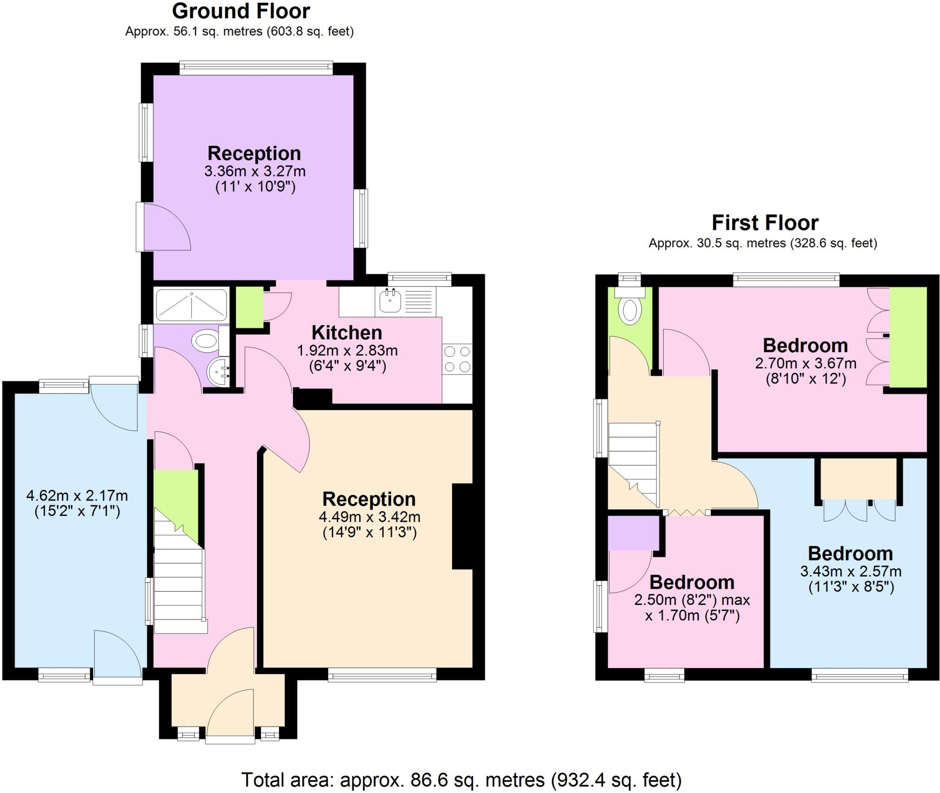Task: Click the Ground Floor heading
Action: point(241,11)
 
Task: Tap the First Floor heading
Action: point(765,223)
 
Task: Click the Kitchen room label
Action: point(347,333)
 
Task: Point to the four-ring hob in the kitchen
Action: point(457,359)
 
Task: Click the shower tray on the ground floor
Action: point(191,304)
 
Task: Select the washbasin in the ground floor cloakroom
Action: point(218,372)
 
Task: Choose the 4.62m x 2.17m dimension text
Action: point(77,496)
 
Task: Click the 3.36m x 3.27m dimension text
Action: point(255,172)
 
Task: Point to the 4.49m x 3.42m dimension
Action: point(369,517)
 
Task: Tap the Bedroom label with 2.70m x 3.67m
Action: point(805,345)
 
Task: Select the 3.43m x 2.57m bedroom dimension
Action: point(850,571)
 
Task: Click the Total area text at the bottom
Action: point(461,779)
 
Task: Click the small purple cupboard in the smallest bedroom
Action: point(633,532)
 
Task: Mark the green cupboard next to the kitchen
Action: point(249,307)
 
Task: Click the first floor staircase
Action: point(633,463)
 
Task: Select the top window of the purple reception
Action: point(256,68)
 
